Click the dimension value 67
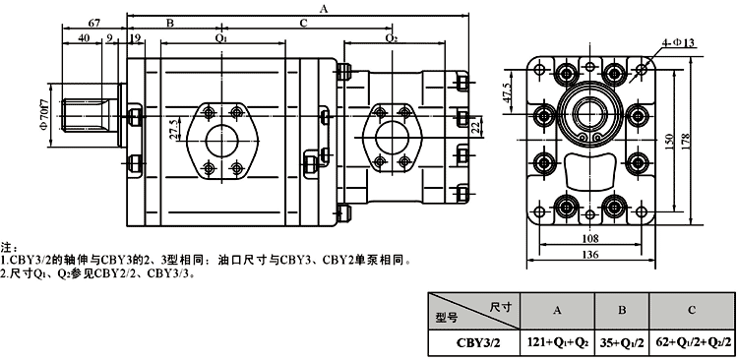click(94, 23)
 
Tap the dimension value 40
click(84, 38)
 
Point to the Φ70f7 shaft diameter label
click(43, 113)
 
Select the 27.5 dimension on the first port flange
click(173, 130)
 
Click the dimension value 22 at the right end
click(475, 126)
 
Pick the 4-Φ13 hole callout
click(679, 43)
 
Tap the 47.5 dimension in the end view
click(507, 91)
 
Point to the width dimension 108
click(590, 239)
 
